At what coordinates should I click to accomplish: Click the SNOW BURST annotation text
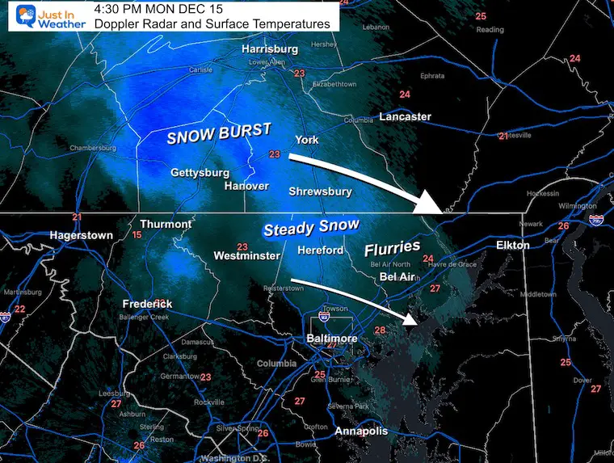pyautogui.click(x=218, y=134)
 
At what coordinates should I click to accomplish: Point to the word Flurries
pyautogui.click(x=392, y=246)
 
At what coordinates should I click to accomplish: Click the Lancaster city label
pyautogui.click(x=405, y=116)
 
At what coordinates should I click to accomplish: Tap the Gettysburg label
pyautogui.click(x=200, y=173)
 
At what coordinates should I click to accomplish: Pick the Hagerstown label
pyautogui.click(x=81, y=235)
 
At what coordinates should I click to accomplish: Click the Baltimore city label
pyautogui.click(x=331, y=338)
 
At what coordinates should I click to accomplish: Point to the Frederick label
pyautogui.click(x=147, y=304)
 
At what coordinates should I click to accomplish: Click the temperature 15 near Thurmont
pyautogui.click(x=137, y=234)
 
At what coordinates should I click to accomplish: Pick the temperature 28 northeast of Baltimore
pyautogui.click(x=380, y=330)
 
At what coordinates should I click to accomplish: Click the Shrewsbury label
pyautogui.click(x=320, y=192)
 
